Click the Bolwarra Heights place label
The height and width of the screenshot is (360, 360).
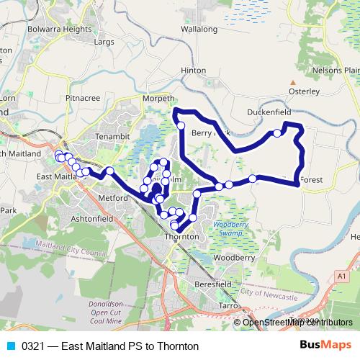pos(60,29)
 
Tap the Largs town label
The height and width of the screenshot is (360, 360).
pos(104,42)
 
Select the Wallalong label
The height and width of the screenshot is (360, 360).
pos(199,30)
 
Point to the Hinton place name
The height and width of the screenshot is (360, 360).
pos(193,71)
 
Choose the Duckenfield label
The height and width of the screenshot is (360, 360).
pos(268,113)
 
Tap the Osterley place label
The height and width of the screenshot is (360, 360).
pos(303,91)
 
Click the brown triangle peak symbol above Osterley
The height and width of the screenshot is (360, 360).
pos(292,82)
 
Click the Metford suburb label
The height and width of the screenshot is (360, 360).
pos(112,197)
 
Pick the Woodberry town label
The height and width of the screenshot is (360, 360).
pos(234,257)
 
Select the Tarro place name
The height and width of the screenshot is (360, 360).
pos(229,305)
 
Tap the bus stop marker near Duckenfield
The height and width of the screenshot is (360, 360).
pos(276,133)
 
